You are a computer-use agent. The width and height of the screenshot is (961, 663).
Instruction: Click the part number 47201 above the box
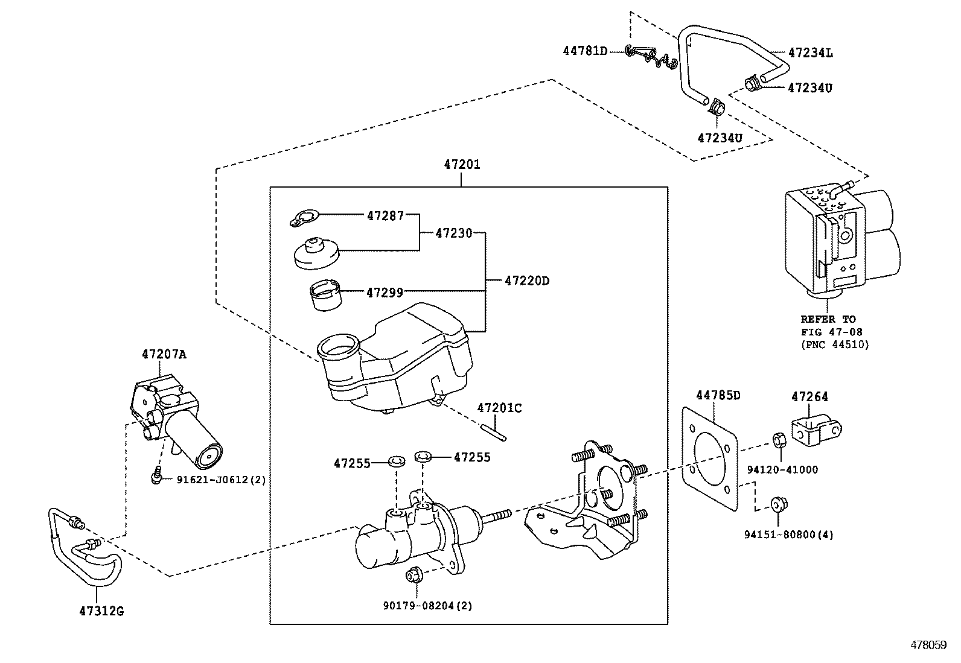coord(462,165)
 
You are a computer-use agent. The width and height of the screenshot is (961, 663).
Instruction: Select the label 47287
coord(385,215)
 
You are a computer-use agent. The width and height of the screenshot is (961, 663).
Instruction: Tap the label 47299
coord(385,293)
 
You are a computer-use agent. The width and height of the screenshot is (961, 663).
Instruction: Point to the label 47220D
coord(527,281)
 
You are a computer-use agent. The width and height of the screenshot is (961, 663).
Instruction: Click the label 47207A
coord(164,354)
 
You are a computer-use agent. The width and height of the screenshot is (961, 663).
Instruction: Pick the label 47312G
coord(101,611)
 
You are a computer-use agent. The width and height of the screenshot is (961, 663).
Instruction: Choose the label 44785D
coord(718,395)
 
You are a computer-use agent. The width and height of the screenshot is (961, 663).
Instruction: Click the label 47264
coord(809,396)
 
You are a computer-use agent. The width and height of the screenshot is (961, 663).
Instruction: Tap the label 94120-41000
coord(782,470)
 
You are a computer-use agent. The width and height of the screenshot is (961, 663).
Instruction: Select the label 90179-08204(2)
coord(427,605)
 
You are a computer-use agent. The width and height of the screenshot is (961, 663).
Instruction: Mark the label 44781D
coord(585,51)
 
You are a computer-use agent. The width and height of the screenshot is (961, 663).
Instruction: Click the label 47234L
coord(810,52)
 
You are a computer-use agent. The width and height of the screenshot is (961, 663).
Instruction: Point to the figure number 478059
coord(928,645)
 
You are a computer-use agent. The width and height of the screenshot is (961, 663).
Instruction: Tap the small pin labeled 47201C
coord(496,433)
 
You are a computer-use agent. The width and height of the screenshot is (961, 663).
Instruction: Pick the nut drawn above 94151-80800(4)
coord(779,504)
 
